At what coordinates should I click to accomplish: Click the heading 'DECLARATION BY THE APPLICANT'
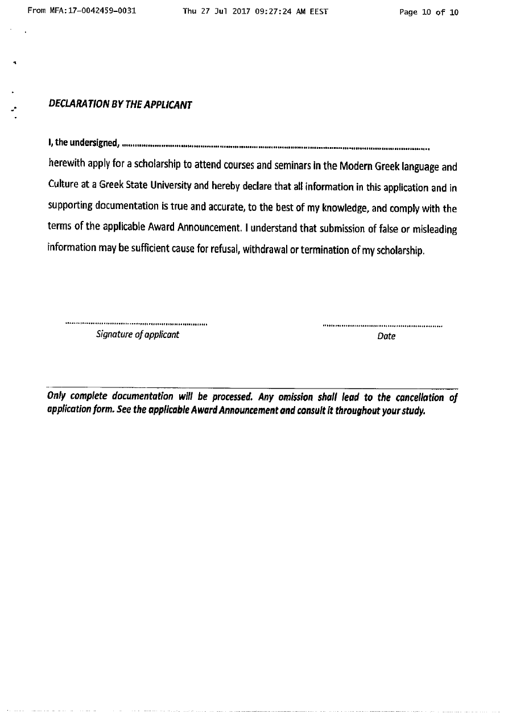120,105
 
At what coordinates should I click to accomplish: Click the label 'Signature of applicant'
138,335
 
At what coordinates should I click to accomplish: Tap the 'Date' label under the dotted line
386,336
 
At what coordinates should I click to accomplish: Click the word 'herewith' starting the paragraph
65,165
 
